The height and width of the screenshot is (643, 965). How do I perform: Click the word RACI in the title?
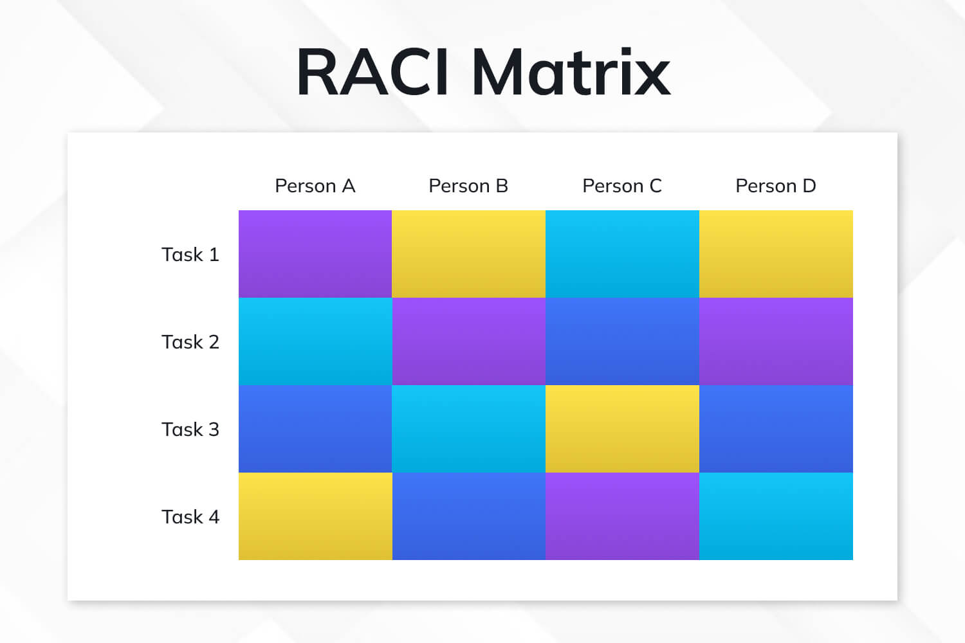(x=372, y=72)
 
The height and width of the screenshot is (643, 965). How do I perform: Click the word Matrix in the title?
(x=571, y=72)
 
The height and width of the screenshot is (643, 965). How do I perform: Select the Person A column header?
(x=315, y=186)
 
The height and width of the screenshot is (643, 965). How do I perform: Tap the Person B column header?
(x=468, y=186)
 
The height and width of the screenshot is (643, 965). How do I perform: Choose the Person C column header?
(x=622, y=186)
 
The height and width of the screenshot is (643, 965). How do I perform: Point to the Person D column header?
(x=776, y=186)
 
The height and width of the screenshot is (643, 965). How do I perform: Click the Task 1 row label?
(x=190, y=255)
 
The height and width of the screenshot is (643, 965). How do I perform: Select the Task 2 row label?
(x=190, y=342)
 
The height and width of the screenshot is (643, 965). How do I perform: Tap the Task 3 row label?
(x=190, y=430)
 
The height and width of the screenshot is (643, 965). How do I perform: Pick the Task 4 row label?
(x=190, y=517)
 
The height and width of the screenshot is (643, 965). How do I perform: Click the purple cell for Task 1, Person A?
(x=315, y=254)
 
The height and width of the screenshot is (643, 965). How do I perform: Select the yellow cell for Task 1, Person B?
(x=468, y=254)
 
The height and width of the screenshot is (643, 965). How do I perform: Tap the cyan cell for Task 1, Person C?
(x=622, y=254)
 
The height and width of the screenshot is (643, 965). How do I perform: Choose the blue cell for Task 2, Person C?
(x=622, y=341)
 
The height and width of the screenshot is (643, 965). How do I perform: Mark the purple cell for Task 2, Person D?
(x=776, y=341)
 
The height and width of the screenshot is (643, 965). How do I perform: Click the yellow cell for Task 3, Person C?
(x=622, y=429)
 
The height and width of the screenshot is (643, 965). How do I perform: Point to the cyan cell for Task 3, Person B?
(x=468, y=429)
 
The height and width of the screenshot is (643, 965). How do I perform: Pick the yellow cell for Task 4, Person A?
(x=315, y=516)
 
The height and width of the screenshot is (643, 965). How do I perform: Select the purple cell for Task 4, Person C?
(x=622, y=516)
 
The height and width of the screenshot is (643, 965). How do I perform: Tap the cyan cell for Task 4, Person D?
(x=776, y=516)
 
